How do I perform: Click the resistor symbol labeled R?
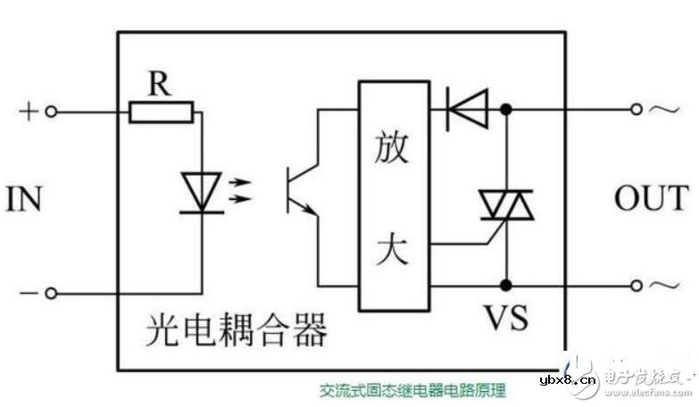point(162,112)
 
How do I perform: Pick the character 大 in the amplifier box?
point(392,249)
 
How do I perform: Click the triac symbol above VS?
point(507,203)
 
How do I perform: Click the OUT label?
point(651,198)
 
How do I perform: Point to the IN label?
point(24,199)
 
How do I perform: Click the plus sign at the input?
point(28,112)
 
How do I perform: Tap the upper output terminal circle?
point(637,110)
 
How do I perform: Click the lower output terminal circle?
point(637,286)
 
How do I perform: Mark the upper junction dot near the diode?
point(507,110)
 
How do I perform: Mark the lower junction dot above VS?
point(507,286)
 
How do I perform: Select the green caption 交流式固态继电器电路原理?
point(413,390)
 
